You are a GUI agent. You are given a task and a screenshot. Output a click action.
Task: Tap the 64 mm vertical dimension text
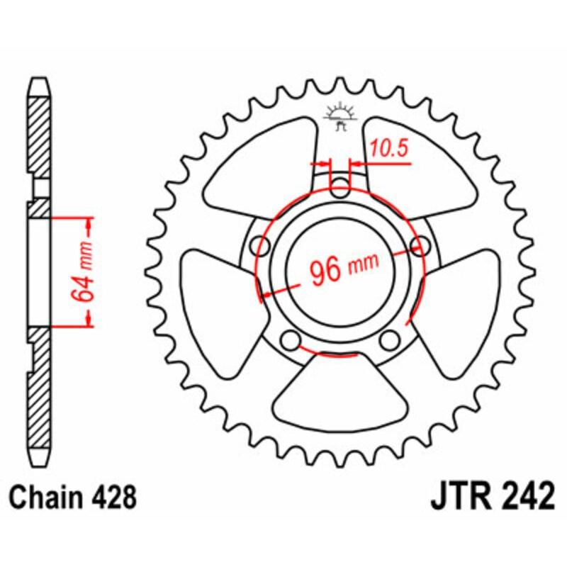pyautogui.click(x=84, y=272)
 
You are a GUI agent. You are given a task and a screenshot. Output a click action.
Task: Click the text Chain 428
pyautogui.click(x=73, y=498)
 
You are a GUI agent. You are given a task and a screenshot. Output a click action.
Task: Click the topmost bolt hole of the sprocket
pyautogui.click(x=341, y=189)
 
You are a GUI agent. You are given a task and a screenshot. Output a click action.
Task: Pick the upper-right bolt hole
pyautogui.click(x=420, y=247)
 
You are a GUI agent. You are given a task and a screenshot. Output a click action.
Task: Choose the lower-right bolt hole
pyautogui.click(x=389, y=340)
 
